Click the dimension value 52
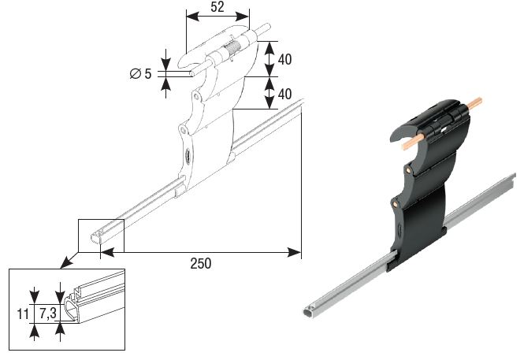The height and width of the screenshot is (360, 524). point(217,7)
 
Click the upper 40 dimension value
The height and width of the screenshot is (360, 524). point(284,59)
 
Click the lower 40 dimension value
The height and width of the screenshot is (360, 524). point(284,94)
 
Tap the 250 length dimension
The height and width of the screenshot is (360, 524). point(201,263)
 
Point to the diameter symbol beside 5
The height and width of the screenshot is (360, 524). point(136,73)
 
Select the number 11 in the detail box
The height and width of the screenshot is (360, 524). point(23,314)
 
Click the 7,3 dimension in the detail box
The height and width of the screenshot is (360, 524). point(48,314)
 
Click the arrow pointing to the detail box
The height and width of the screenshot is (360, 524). point(69,260)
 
